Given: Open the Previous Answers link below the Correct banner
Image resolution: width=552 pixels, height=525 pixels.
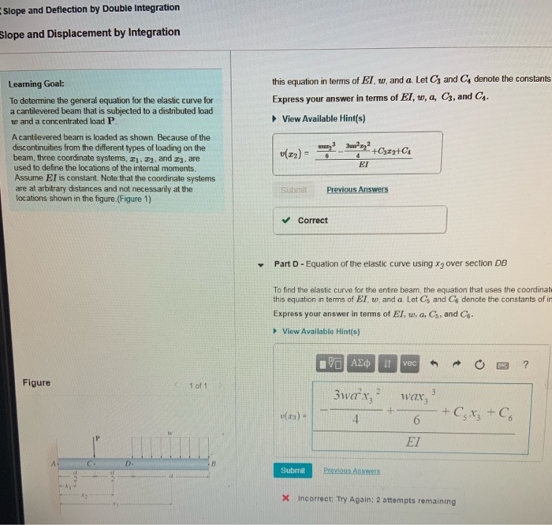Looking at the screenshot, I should click(356, 190).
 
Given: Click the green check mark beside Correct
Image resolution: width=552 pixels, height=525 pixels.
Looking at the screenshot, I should click(288, 220).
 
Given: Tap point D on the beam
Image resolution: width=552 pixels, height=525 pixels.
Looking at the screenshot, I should click(125, 464).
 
